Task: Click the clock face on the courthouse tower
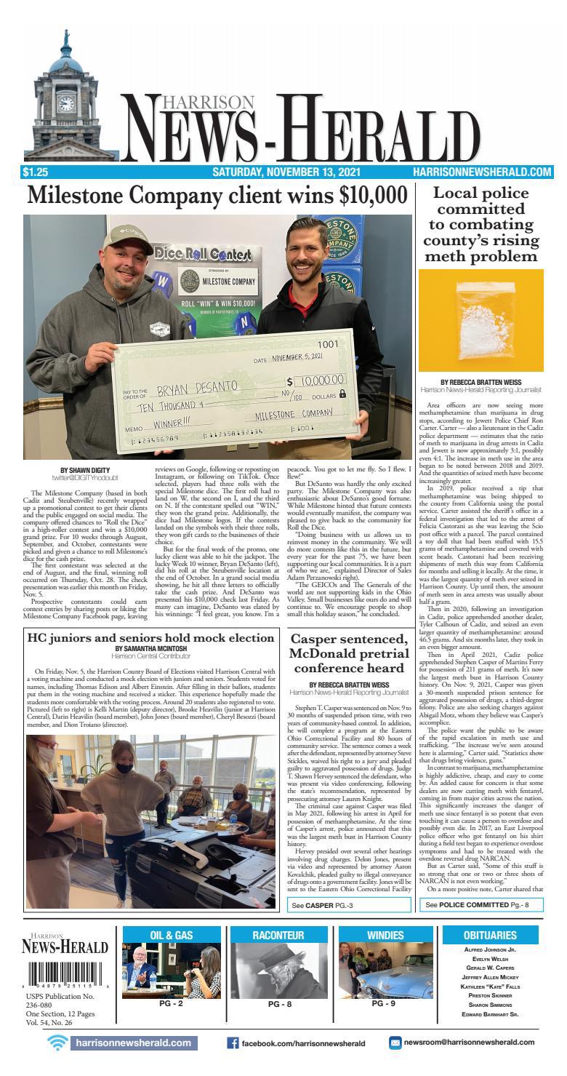(x=66, y=103)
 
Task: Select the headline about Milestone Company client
(x=217, y=196)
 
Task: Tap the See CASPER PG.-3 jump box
(x=349, y=906)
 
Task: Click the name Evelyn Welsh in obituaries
(x=489, y=959)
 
